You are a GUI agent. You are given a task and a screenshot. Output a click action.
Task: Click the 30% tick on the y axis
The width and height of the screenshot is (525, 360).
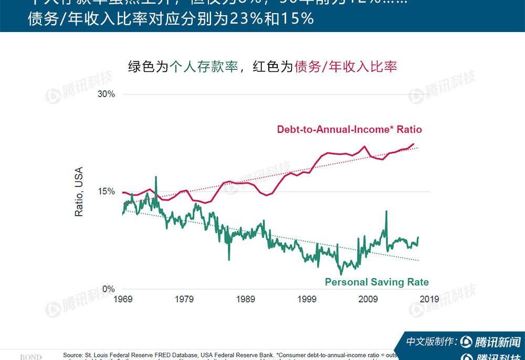pos(104,94)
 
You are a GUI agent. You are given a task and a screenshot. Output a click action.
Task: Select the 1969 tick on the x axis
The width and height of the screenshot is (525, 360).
pos(123,299)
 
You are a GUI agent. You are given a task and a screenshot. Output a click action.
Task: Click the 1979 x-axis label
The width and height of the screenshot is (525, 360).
pos(184,299)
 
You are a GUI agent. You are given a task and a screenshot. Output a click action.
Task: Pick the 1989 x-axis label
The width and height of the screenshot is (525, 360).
pos(246,299)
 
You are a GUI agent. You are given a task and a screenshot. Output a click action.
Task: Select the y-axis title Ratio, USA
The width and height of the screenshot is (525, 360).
pos(79,192)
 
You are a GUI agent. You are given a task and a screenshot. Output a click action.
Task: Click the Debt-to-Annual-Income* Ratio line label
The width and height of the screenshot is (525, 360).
pos(349,129)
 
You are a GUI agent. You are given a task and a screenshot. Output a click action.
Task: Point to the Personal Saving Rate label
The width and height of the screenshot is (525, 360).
pos(376,282)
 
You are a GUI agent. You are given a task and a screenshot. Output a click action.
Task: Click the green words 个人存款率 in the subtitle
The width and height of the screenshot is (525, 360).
pos(204,67)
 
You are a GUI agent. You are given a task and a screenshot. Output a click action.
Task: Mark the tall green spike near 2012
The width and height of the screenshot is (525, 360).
pos(386,211)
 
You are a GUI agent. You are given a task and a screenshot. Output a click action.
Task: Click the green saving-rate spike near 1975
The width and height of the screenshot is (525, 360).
pos(155,177)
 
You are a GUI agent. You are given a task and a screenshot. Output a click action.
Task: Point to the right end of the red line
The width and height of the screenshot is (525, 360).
pos(414,143)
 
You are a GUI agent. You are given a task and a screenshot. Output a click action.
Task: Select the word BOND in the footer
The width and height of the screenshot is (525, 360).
pos(30,357)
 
